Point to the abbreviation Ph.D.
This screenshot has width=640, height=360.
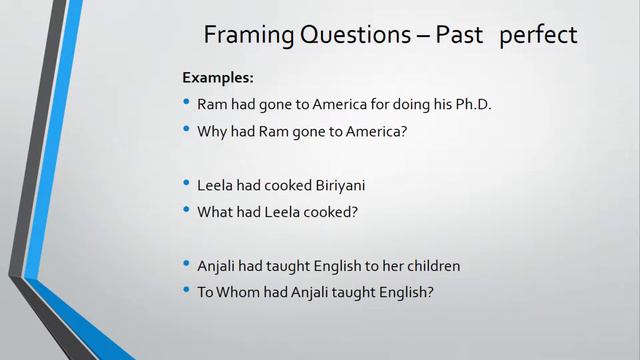pos(471,104)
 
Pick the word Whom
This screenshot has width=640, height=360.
pos(239,292)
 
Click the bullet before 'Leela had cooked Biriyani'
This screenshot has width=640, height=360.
pos(187,184)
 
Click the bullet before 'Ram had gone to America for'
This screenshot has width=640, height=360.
pos(187,103)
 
